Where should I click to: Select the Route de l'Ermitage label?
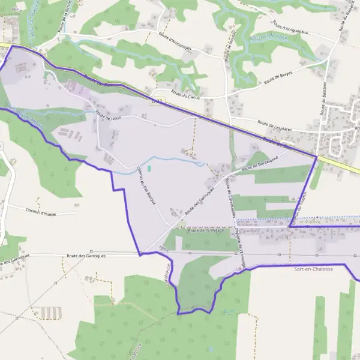[205, 230]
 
